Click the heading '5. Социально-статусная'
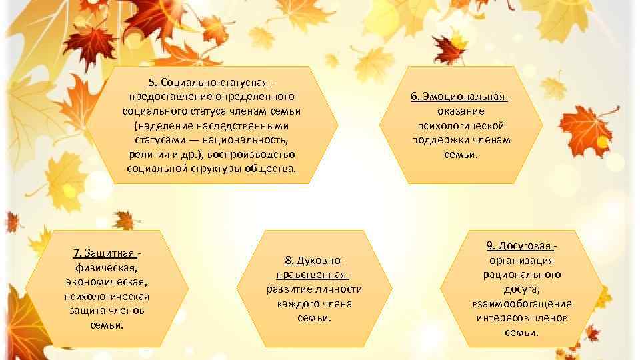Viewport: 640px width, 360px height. (209, 83)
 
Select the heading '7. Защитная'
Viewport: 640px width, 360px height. (104, 253)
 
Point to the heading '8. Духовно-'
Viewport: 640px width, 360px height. (314, 260)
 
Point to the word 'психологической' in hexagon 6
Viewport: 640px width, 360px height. (461, 125)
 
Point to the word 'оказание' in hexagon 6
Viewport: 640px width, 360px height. (461, 111)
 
